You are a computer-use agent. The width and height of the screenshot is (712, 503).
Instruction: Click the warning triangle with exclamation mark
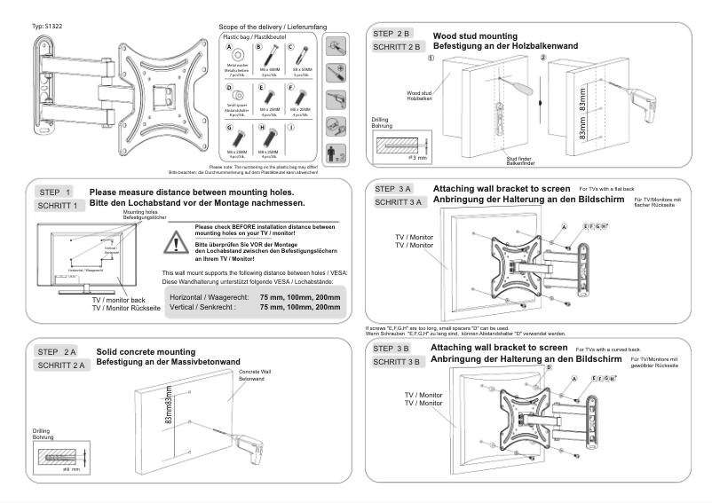(x=181, y=239)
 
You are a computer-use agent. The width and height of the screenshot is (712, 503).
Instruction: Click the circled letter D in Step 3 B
(x=549, y=366)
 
